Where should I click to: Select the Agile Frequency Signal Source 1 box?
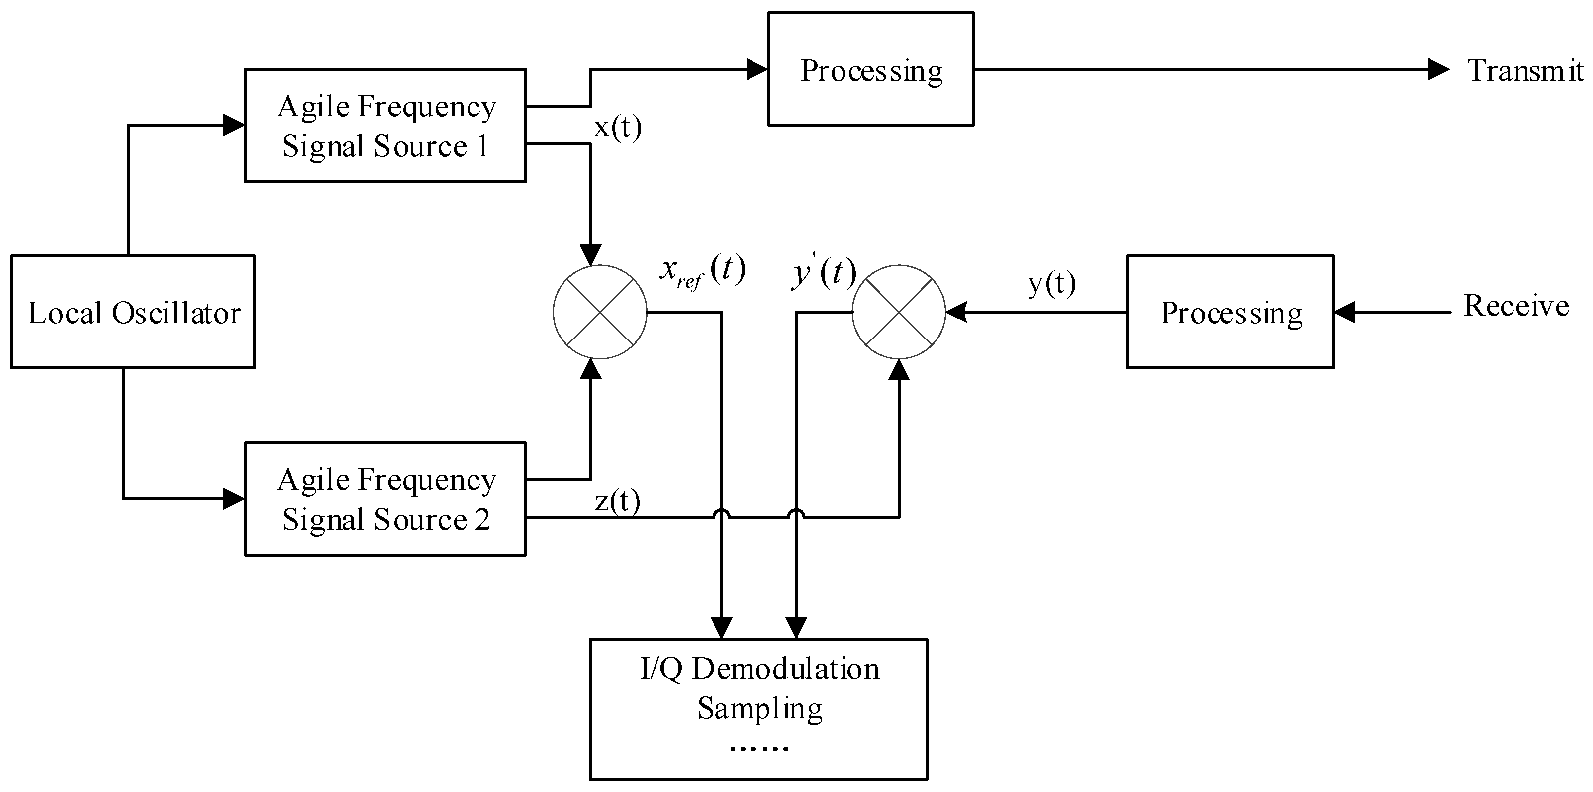[385, 125]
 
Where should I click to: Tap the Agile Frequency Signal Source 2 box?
[385, 499]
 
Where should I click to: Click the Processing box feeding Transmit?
[871, 69]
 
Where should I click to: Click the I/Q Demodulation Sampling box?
[759, 708]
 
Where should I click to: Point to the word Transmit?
[1525, 71]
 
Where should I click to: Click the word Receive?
[1516, 306]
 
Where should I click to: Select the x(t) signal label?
[617, 127]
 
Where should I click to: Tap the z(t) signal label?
[617, 501]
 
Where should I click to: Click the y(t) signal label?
[1051, 283]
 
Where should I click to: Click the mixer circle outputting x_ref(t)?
[599, 312]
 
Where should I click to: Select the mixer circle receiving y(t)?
[899, 312]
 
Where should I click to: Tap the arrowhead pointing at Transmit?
[1438, 69]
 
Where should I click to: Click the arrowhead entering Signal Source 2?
[234, 499]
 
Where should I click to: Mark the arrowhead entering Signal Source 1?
[234, 125]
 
